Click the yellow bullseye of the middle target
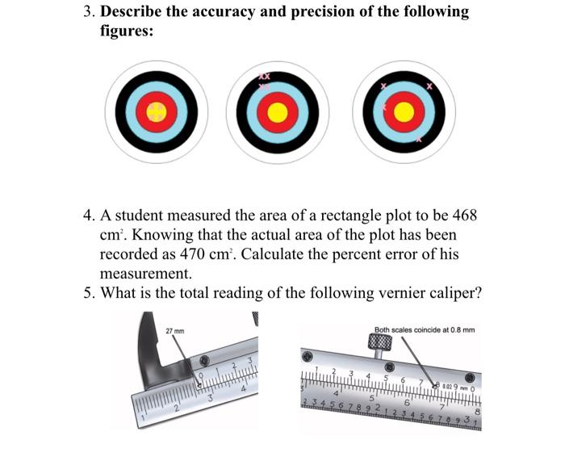(x=277, y=111)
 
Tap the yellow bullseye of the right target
(x=404, y=111)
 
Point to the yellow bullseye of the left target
(x=157, y=111)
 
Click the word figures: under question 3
(x=127, y=33)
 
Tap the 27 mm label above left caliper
(x=174, y=331)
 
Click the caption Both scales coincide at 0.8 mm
(x=425, y=329)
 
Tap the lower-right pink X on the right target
(x=418, y=139)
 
